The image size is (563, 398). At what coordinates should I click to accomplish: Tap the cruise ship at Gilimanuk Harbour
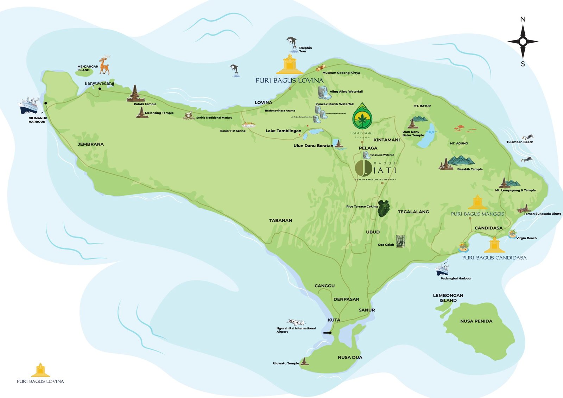[28, 105]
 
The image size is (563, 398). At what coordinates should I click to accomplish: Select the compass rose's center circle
[523, 42]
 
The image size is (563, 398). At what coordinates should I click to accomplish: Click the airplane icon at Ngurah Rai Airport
[296, 322]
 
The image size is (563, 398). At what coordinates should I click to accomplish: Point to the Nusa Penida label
[476, 321]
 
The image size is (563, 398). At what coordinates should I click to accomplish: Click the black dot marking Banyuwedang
[100, 89]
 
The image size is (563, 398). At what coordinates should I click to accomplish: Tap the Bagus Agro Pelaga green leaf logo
[362, 117]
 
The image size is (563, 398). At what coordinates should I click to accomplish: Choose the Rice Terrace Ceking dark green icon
[384, 208]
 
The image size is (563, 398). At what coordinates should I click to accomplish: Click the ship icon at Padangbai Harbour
[442, 270]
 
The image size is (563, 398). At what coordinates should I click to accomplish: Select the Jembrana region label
[90, 144]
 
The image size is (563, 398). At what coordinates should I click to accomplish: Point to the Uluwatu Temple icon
[305, 361]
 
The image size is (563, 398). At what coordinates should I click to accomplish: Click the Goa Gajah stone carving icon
[400, 241]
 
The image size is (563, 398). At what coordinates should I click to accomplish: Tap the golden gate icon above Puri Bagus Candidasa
[494, 245]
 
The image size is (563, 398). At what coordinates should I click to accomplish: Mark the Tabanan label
[280, 220]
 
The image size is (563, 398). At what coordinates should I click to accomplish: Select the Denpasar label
[346, 299]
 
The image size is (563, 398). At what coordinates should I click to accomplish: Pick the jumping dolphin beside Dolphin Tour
[292, 44]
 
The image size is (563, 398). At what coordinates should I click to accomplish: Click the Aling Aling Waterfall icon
[323, 92]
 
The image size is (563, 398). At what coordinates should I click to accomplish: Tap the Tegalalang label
[413, 212]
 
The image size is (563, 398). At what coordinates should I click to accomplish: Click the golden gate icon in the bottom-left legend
[40, 370]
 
